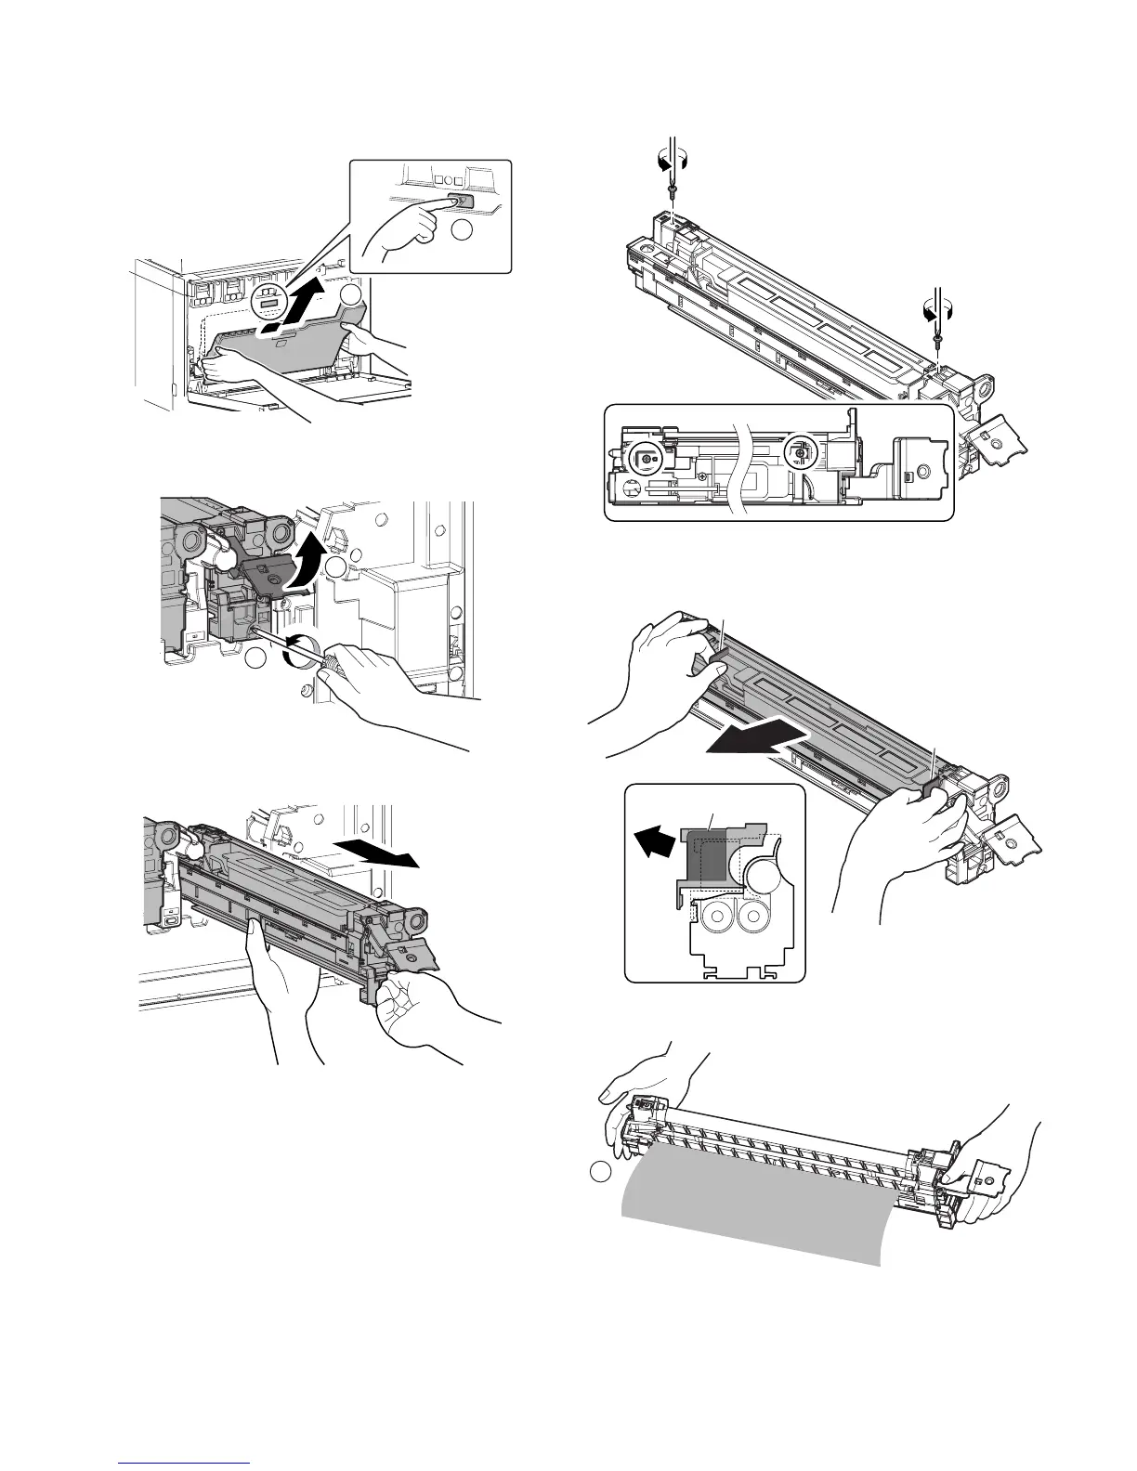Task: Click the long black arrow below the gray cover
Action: (x=752, y=742)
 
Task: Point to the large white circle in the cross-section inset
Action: (x=768, y=874)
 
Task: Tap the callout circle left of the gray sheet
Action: (x=601, y=1173)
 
